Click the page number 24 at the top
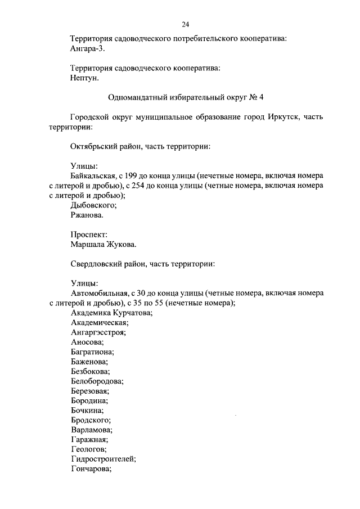(185, 24)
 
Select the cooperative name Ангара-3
(87, 49)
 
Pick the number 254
(148, 185)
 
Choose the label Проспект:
(89, 235)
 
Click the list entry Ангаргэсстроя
(98, 332)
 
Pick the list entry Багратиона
(92, 352)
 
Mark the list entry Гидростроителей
(103, 459)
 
